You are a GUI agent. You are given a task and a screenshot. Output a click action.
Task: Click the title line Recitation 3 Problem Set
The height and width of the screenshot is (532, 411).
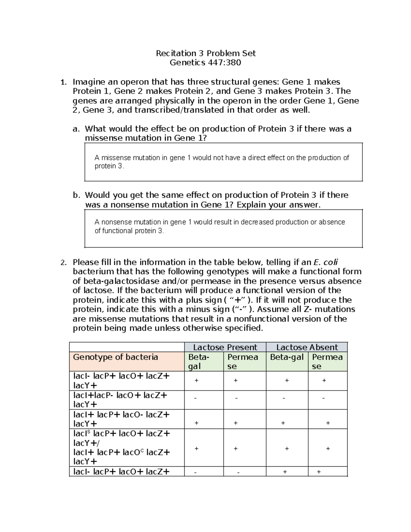coord(206,53)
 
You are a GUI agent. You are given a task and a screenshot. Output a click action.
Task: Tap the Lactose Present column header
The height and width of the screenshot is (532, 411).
coord(225,347)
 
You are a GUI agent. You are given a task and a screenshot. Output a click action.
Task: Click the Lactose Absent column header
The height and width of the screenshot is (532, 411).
coord(307,347)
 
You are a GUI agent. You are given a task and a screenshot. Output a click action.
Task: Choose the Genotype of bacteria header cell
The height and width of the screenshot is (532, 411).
coord(115,357)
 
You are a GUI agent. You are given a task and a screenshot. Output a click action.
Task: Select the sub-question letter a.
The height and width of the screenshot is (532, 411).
coord(76,129)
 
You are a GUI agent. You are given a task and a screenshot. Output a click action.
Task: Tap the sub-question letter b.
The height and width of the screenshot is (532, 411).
coord(76,195)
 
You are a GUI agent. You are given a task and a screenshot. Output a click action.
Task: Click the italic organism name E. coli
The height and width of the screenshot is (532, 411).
coord(325,262)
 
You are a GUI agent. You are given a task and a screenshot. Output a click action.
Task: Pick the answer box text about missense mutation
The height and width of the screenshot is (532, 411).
coord(222,162)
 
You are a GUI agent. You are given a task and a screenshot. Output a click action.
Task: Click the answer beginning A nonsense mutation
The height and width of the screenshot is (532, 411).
coord(220,226)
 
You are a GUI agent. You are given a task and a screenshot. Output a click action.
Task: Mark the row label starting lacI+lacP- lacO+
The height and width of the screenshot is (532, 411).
coord(121,400)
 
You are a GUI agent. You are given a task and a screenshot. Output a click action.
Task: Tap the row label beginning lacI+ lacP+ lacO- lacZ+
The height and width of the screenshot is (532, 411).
coord(121,419)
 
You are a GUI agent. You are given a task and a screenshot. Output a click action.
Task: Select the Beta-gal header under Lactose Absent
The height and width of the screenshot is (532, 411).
coord(287,357)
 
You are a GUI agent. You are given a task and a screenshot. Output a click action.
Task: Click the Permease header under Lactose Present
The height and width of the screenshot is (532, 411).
coord(242,361)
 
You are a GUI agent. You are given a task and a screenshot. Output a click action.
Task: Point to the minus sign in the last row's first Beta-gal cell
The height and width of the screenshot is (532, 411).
coord(196,472)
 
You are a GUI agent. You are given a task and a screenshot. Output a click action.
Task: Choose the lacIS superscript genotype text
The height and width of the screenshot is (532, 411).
coord(121,433)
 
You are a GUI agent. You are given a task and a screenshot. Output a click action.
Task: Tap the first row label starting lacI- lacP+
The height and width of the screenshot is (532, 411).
coord(121,380)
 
